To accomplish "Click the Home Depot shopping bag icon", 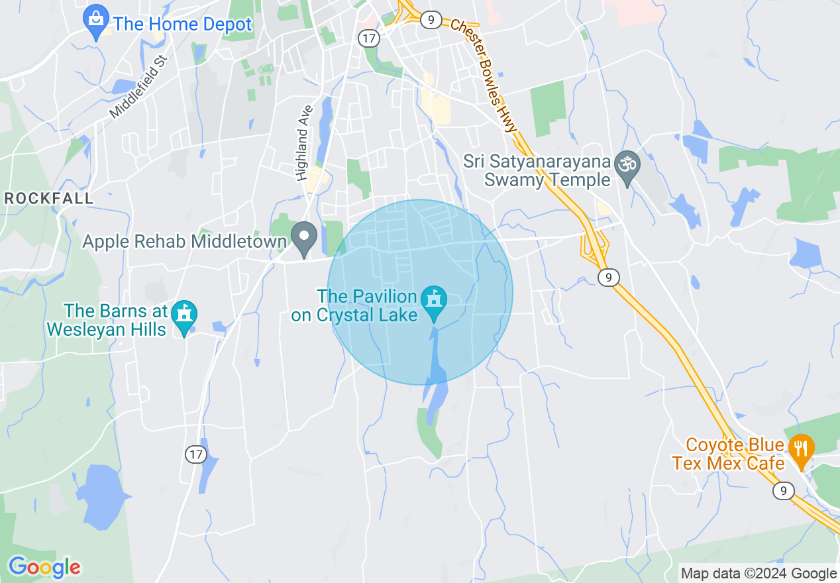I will click(97, 22).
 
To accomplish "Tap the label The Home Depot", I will click(182, 25).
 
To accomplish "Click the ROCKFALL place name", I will click(48, 199).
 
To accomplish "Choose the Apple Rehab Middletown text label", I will click(184, 241).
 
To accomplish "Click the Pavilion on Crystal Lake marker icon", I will click(435, 302).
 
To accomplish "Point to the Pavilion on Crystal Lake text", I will click(366, 305).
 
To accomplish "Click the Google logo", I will click(44, 567).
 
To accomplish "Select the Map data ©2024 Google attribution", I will click(759, 574).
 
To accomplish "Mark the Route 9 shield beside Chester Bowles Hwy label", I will click(431, 19).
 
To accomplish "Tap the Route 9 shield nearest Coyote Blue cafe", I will click(783, 490).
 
